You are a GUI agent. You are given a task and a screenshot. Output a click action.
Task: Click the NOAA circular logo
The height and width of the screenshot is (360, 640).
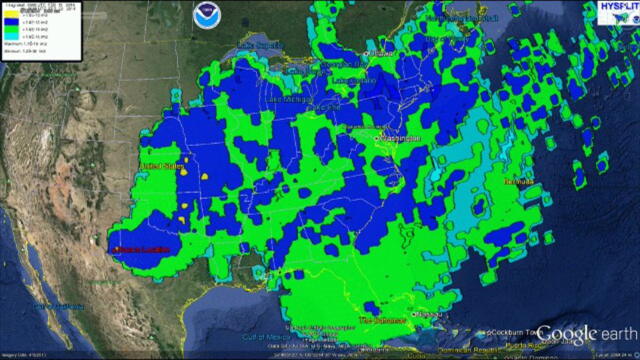click(207, 15)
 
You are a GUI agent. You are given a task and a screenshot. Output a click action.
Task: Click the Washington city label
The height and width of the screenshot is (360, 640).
click(401, 139)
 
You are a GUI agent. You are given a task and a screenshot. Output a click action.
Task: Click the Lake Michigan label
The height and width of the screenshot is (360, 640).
click(289, 100)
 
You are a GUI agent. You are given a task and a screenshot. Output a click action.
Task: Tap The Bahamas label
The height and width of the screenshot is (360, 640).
click(382, 320)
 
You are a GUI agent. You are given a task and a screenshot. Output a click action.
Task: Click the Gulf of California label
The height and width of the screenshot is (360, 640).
click(58, 307)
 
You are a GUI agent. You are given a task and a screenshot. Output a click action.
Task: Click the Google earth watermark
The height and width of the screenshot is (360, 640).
click(587, 334)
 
